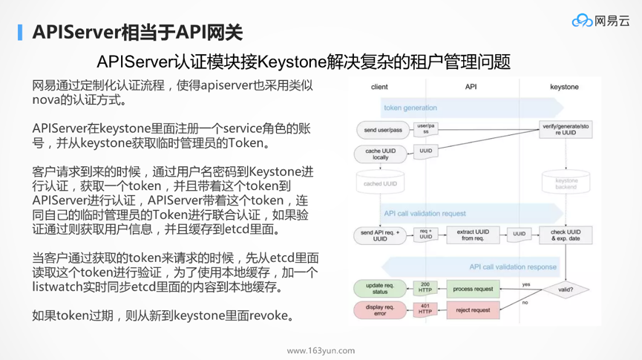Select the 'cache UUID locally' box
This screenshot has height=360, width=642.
(x=379, y=154)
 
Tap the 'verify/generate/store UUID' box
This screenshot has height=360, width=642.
(x=566, y=131)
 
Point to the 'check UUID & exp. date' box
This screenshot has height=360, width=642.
(x=566, y=235)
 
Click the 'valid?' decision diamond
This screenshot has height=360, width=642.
(x=566, y=289)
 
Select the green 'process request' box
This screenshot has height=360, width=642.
(x=473, y=289)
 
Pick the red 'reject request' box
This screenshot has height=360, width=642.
(x=473, y=310)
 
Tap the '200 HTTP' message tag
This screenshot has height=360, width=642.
(x=425, y=288)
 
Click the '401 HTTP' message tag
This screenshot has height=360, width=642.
(x=425, y=309)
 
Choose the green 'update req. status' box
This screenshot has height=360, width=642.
(x=379, y=289)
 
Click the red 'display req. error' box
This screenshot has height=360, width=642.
(x=379, y=310)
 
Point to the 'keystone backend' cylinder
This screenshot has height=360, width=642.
(x=566, y=183)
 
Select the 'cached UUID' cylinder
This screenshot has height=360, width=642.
(x=379, y=183)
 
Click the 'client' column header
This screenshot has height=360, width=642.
(x=379, y=87)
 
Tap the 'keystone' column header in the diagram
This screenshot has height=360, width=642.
(x=564, y=87)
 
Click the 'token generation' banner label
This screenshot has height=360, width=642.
(x=400, y=108)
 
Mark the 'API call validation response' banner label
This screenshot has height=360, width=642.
(x=512, y=266)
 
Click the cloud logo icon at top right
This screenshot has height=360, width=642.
(x=582, y=21)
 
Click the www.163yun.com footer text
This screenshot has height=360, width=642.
(x=321, y=350)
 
